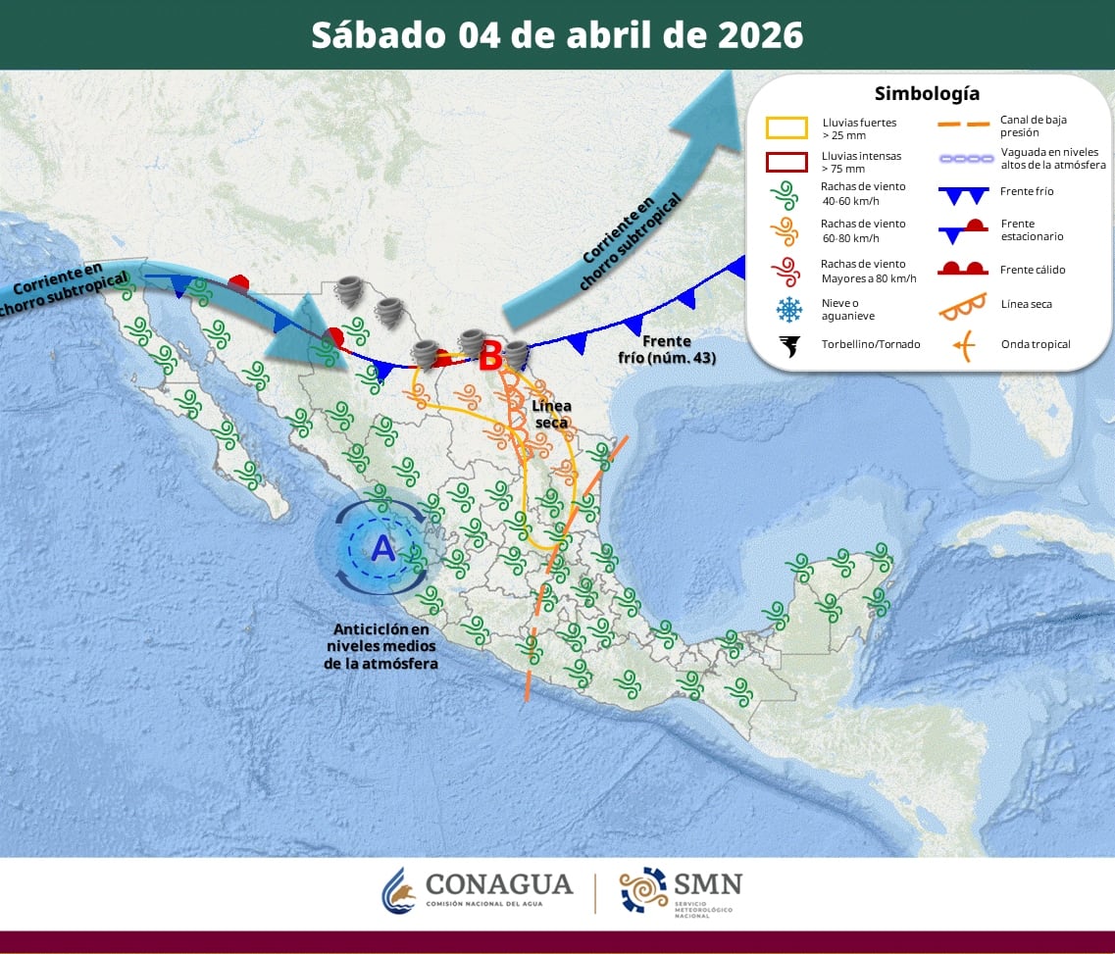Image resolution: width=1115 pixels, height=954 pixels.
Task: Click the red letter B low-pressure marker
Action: point(490,354)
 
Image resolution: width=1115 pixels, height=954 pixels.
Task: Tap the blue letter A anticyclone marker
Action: point(382,548)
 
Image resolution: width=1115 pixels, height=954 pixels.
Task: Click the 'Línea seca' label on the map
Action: point(552,413)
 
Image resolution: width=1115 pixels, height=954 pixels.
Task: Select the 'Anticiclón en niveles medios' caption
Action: point(380,646)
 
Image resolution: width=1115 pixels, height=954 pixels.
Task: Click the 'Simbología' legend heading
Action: point(926,94)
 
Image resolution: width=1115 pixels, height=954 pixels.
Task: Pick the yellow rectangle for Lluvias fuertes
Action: point(786,128)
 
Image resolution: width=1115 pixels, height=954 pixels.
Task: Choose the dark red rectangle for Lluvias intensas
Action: point(786,162)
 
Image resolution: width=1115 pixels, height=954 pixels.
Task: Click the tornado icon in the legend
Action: point(787,345)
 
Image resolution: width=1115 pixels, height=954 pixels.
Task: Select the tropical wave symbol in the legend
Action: point(963,344)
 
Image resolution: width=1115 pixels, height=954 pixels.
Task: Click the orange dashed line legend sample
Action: point(962,125)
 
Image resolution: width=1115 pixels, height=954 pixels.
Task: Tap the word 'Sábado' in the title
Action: point(378,34)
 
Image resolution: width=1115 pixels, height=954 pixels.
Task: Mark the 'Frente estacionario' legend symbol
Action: point(962,230)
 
